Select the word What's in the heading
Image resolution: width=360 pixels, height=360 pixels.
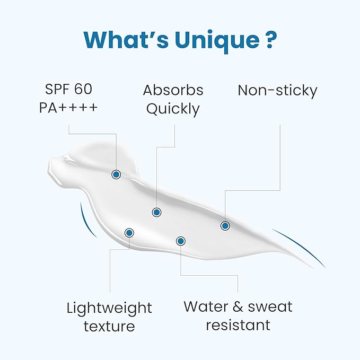click(126, 39)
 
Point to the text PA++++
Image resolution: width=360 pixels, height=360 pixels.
click(68, 108)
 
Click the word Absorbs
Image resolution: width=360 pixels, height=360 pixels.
click(173, 90)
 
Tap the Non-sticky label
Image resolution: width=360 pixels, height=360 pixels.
click(277, 91)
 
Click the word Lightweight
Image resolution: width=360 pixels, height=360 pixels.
click(109, 308)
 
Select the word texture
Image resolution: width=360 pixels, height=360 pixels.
click(109, 326)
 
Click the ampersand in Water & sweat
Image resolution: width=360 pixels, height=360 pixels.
click(238, 307)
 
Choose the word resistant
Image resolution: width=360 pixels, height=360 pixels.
click(238, 325)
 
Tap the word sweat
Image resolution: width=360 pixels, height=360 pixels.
click(270, 307)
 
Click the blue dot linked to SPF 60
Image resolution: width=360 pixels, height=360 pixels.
click(116, 174)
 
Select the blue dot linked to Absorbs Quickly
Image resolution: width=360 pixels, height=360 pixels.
click(156, 213)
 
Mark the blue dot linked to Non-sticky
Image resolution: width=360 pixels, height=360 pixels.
click(225, 226)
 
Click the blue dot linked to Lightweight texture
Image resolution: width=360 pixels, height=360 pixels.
click(129, 233)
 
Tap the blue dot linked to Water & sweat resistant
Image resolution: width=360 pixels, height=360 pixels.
click(181, 241)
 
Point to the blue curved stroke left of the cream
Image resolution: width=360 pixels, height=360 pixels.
click(85, 222)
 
